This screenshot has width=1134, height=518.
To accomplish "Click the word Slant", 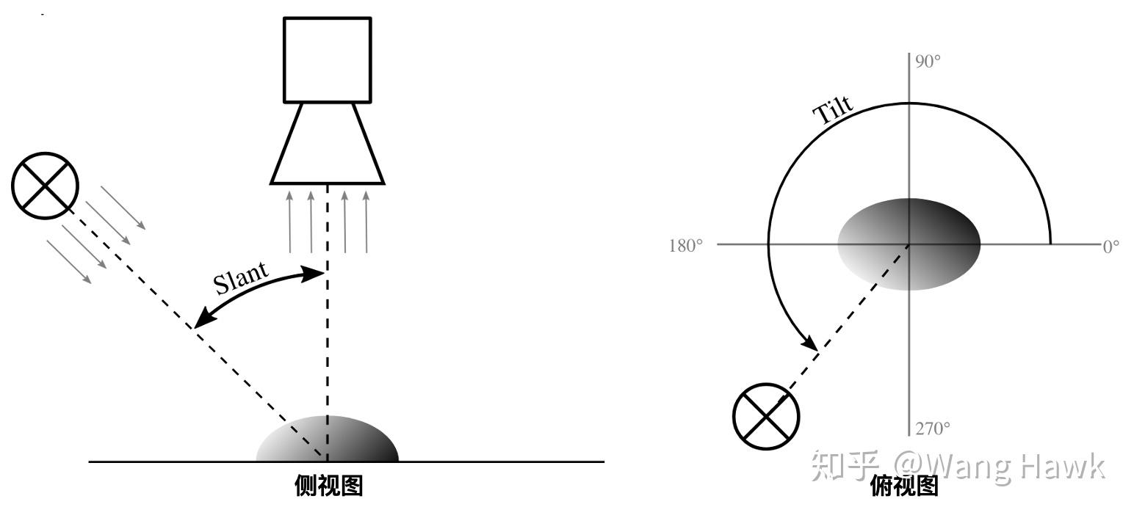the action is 242,277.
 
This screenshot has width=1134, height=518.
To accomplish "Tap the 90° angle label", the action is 928,62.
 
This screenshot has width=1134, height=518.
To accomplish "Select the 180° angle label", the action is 685,245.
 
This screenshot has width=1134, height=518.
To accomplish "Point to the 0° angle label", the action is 1111,246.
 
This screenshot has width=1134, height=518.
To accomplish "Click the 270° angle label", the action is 932,428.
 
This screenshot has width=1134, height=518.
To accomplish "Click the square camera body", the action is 327,60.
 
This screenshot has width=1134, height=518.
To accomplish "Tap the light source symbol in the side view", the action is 46,186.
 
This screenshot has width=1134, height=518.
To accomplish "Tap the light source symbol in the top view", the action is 766,416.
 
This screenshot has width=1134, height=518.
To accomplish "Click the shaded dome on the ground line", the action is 327,440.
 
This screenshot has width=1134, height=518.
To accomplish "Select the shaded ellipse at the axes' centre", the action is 909,244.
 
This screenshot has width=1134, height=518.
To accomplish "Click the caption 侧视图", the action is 328,486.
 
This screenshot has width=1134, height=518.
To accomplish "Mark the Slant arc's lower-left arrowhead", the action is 201,320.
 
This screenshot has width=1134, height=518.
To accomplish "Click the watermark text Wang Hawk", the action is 999,466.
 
